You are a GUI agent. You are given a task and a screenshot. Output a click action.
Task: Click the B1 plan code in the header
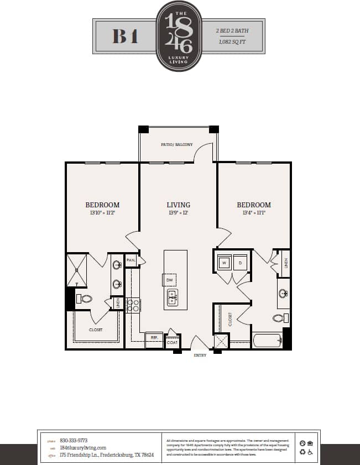pos(125,36)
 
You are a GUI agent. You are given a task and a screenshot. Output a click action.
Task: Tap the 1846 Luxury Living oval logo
pos(180,36)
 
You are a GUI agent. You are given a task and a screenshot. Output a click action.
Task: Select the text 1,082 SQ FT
pos(232,41)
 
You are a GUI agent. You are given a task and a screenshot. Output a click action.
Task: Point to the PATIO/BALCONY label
pos(178,145)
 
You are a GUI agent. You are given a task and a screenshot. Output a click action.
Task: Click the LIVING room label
pos(178,205)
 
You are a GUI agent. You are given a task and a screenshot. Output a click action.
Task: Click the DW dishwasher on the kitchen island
pos(170,280)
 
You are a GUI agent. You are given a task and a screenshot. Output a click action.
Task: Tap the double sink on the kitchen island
pos(172,297)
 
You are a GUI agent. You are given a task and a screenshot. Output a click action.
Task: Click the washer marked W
pos(224,263)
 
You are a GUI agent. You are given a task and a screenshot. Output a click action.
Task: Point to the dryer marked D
pos(241,263)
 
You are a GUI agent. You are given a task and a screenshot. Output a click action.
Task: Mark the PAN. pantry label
pos(131,260)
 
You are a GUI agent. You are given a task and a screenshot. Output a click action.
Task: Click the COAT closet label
pos(172,343)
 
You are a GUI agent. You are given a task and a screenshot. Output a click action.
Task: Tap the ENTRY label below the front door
pos(200,355)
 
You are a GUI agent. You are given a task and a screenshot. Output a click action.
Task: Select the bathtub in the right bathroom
pos(267,340)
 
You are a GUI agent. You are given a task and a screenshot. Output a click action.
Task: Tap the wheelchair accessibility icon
pos(310,452)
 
